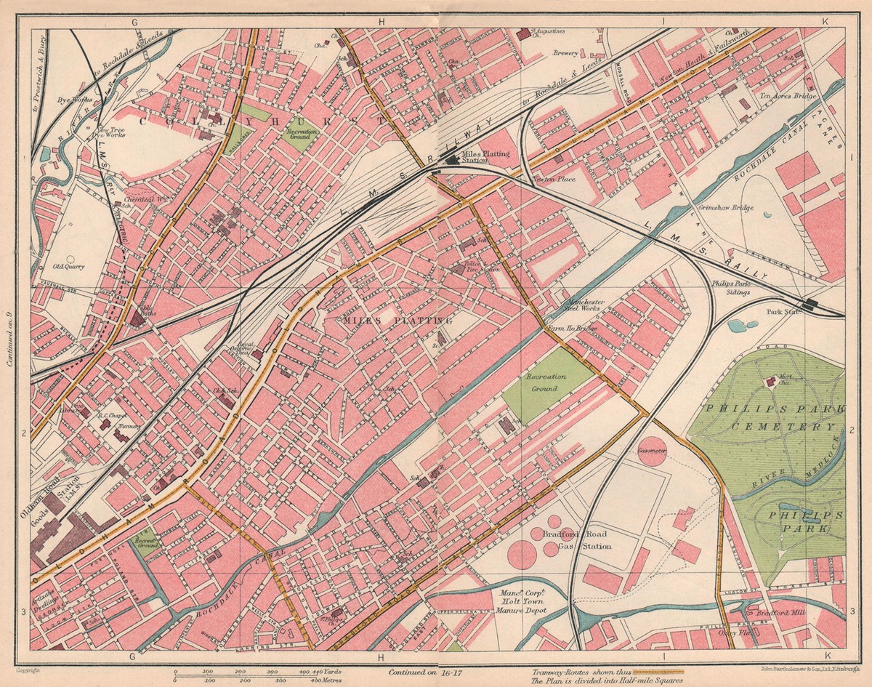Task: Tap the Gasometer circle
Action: click(x=651, y=451)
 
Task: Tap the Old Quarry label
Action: click(x=70, y=266)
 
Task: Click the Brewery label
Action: click(x=566, y=53)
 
